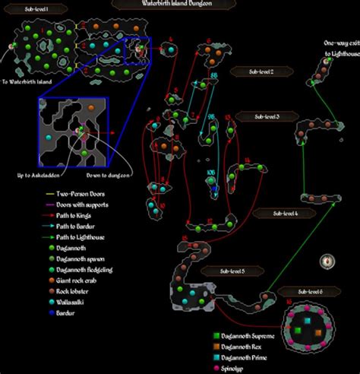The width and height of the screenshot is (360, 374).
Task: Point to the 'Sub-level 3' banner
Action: pos(257,116)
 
